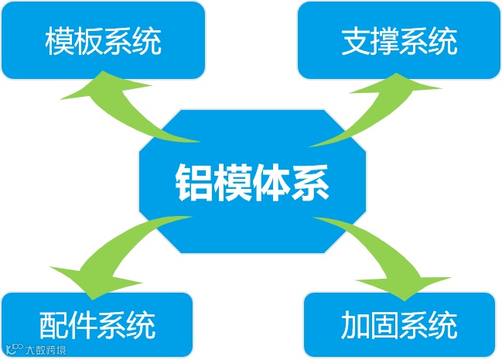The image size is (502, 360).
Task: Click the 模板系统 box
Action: click(x=103, y=40)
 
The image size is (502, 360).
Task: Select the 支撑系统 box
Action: click(x=398, y=40)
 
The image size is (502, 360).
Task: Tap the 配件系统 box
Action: click(x=97, y=324)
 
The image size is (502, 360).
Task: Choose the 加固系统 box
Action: click(x=398, y=324)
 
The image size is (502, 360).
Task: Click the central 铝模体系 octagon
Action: click(x=251, y=182)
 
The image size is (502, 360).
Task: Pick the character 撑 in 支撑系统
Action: click(x=384, y=41)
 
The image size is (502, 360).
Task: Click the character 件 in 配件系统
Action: click(x=82, y=324)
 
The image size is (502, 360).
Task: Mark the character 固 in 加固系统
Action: click(x=384, y=324)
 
